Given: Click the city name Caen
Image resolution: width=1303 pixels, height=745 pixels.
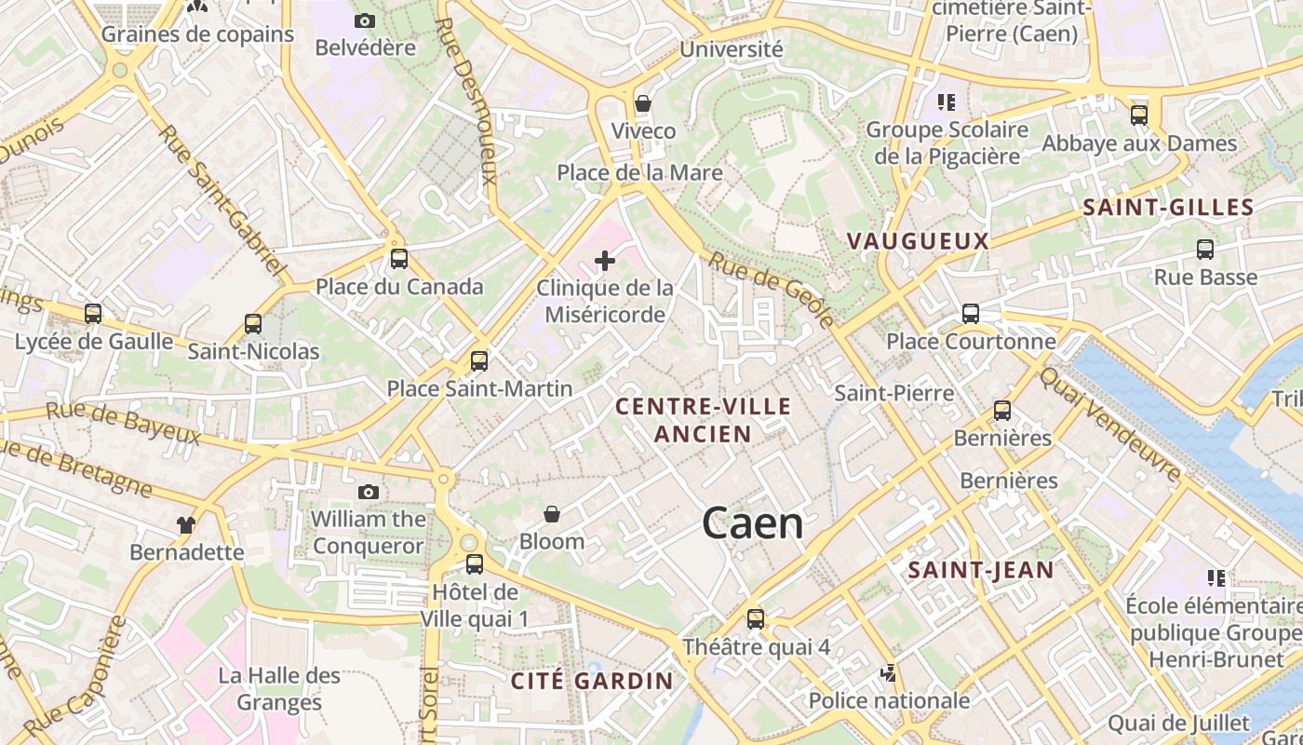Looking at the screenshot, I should (x=753, y=522).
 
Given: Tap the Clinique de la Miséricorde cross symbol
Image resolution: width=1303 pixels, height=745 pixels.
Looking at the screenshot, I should (x=605, y=261).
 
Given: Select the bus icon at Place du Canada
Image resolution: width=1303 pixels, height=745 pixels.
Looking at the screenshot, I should (x=399, y=258).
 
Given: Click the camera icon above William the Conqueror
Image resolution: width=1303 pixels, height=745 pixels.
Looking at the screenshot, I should (x=369, y=492).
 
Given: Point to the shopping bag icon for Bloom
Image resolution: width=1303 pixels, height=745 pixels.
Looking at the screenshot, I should (x=552, y=514).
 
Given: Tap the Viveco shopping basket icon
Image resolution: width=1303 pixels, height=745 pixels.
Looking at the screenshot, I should (x=642, y=103).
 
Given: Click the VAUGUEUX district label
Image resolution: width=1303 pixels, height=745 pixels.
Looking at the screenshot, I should (x=918, y=241).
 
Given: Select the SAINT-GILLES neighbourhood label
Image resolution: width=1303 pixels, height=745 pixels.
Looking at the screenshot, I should (x=1169, y=208).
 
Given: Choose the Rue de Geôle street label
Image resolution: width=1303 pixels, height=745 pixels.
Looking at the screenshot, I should (x=772, y=289).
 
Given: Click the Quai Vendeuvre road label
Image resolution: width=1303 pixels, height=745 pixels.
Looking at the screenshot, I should (x=1109, y=424).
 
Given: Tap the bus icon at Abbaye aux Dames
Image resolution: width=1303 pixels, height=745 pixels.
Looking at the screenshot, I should (x=1139, y=115).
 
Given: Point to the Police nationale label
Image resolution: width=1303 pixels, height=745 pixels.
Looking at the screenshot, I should (x=889, y=700).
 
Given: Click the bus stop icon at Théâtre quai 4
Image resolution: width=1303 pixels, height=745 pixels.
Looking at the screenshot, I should (x=756, y=618).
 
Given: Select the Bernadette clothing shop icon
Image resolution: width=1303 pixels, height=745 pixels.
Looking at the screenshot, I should (x=186, y=525).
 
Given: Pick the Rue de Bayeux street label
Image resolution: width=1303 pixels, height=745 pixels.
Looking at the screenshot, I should (x=123, y=423).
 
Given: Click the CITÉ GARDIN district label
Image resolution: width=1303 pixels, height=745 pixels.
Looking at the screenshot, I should (x=592, y=681).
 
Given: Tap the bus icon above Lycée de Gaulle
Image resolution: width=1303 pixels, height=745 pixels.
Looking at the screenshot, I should (x=93, y=314).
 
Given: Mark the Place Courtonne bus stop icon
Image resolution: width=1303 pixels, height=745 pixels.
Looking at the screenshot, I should (x=971, y=314).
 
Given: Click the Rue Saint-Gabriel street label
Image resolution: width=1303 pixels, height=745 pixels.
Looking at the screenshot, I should (x=223, y=199).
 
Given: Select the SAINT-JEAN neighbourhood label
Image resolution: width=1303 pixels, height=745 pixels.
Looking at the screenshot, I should (x=981, y=570).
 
